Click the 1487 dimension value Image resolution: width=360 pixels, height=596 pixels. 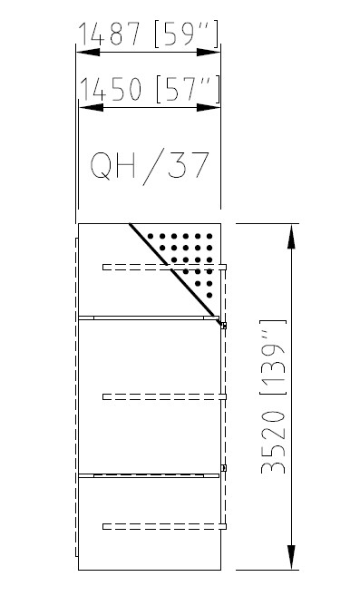pos(109,34)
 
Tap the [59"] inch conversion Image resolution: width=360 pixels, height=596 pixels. pos(187,34)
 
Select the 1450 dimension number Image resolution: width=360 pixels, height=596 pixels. pos(111,89)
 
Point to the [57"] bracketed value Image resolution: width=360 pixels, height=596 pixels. pos(189,89)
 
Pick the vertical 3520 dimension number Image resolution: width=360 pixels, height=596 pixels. pos(273,442)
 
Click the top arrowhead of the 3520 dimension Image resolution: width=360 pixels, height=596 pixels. pos(291,237)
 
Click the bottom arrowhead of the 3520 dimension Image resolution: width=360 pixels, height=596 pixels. pos(291,557)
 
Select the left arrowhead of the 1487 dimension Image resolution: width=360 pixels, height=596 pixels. pos(88,52)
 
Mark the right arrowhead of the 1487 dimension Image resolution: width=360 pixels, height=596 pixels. pos(209,52)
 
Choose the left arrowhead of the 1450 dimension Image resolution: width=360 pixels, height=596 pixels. pos(91,108)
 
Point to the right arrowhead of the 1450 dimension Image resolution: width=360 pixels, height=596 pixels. pos(209,108)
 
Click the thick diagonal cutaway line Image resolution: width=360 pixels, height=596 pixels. pos(175,274)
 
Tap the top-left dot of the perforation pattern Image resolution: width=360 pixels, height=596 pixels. pos(151,236)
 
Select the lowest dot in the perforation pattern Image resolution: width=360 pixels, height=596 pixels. pos(209,295)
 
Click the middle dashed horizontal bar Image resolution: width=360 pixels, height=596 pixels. pos(165,396)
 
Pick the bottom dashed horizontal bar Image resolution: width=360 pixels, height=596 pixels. pos(165,526)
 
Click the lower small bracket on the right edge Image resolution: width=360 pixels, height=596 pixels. pos(224,468)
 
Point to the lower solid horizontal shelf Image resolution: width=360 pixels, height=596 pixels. pos(149,475)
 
